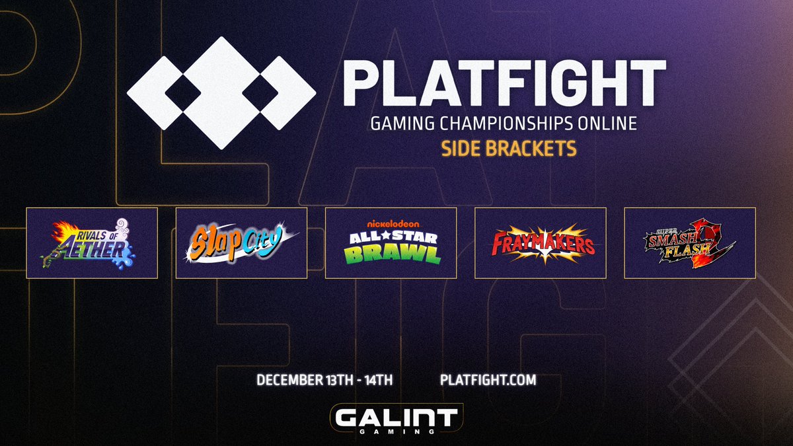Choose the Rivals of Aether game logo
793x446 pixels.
(x=92, y=242)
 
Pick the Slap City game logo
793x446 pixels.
(x=241, y=242)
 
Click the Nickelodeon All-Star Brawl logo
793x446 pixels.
(x=391, y=242)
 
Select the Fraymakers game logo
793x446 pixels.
(x=540, y=242)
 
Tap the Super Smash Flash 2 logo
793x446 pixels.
(x=689, y=242)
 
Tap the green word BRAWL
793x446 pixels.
(x=391, y=255)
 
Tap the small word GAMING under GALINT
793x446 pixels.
(x=396, y=430)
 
